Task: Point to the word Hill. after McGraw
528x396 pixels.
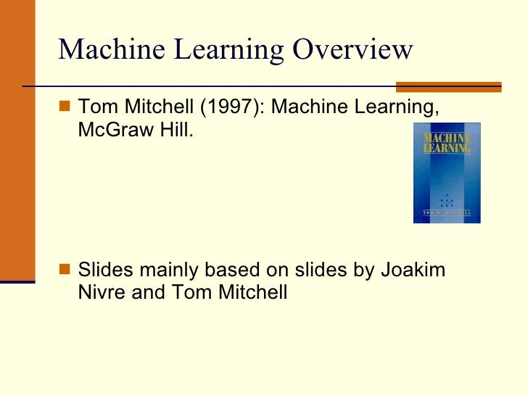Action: tap(174, 132)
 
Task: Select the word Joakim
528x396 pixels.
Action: tap(417, 270)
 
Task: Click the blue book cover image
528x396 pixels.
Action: tap(447, 173)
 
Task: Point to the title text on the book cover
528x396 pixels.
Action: tap(447, 142)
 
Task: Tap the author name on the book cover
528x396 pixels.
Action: tap(447, 213)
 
